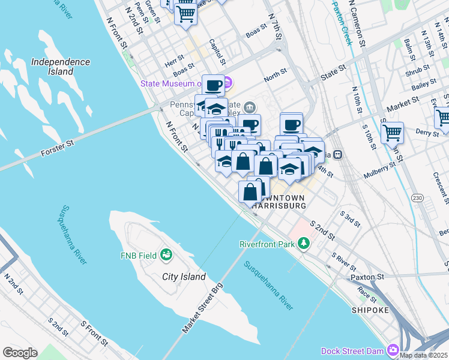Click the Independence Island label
[61, 67]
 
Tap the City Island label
[184, 277]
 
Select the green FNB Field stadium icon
[166, 256]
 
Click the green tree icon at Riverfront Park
[304, 243]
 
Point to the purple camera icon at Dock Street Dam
[393, 350]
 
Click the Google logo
[20, 353]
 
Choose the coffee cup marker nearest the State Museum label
[212, 85]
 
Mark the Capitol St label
[216, 52]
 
